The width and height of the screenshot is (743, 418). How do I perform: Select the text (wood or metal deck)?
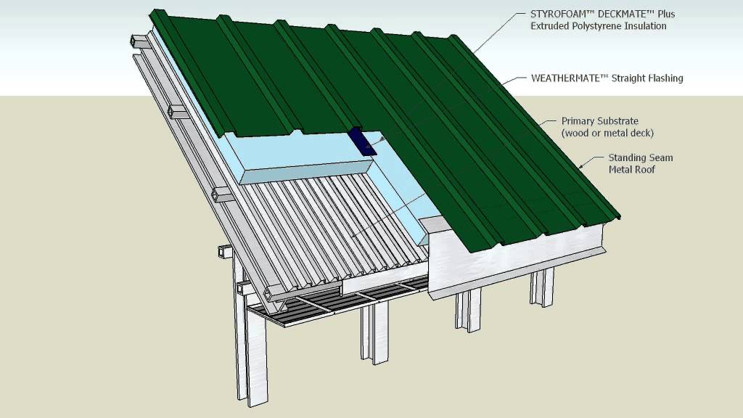pos(607,133)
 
